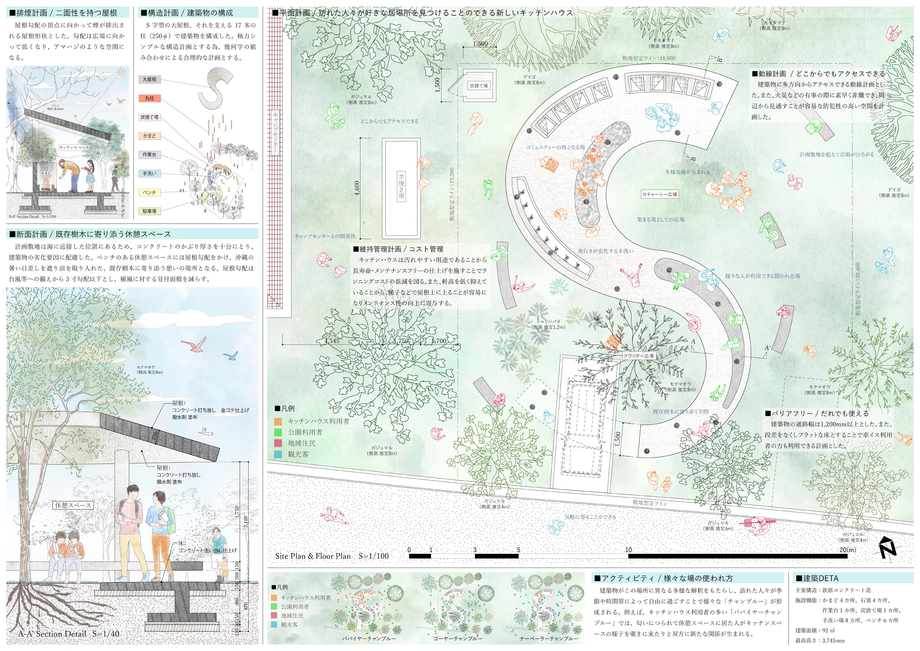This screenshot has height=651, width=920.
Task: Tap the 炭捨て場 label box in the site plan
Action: pyautogui.click(x=479, y=85)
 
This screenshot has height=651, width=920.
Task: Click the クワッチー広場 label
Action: pyautogui.click(x=638, y=355)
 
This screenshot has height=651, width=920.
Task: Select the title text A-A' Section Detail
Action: pyautogui.click(x=69, y=634)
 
